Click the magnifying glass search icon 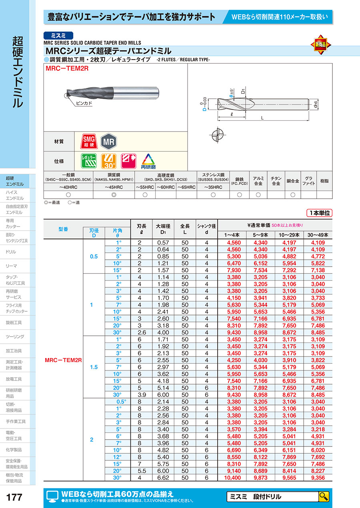pos(324,497)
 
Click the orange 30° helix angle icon pos(108,161)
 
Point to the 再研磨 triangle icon pos(148,161)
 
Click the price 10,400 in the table pos(233,478)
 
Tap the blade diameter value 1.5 pos(93,367)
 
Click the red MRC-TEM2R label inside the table pos(64,360)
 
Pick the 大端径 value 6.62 pos(163,478)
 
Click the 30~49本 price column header pos(318,235)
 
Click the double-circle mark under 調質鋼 pos(114,195)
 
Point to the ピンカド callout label pos(84,103)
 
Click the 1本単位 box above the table pos(320,213)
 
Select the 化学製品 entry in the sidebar pos(14,450)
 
